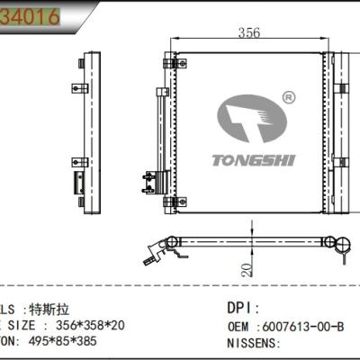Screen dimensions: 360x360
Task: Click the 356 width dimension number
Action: click(248, 33)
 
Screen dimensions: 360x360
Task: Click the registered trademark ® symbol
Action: click(289, 96)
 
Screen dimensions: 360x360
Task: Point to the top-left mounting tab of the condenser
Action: click(168, 63)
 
